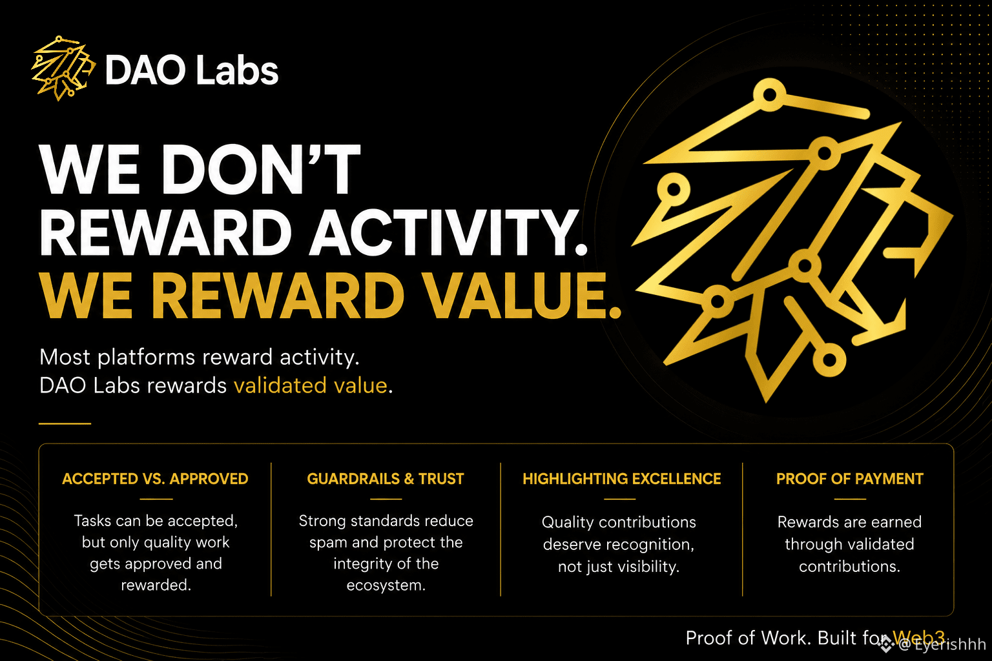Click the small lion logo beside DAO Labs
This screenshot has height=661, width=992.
(63, 68)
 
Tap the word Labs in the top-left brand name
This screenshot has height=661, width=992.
(237, 70)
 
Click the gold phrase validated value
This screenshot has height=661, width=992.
(311, 385)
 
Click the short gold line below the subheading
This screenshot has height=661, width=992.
(65, 423)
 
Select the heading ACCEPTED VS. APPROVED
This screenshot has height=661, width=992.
(155, 478)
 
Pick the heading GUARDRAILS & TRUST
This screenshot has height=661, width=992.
(386, 478)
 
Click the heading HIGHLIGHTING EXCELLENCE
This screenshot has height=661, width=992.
(622, 478)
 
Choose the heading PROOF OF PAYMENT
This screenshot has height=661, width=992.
(849, 478)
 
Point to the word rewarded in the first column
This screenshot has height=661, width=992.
(156, 585)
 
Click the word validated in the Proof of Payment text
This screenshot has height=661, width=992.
(882, 544)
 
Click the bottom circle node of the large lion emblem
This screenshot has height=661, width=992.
(829, 360)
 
